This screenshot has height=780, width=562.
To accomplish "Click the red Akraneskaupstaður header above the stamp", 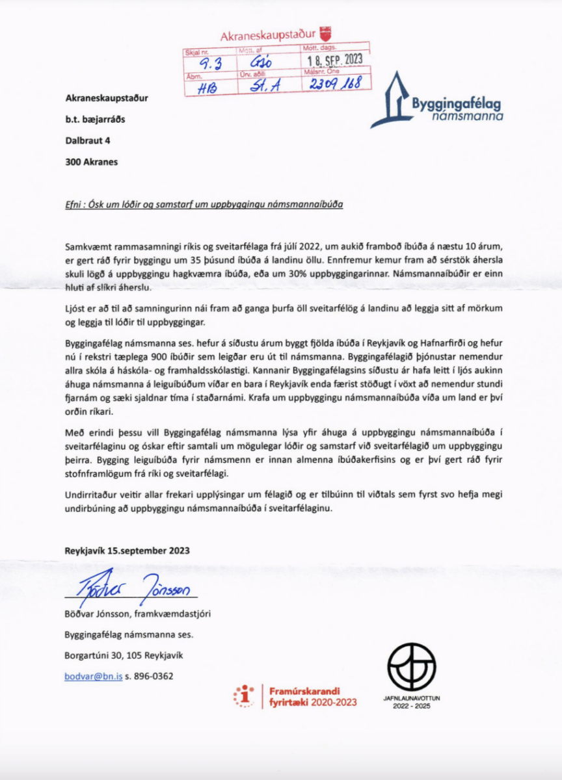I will click(x=267, y=35).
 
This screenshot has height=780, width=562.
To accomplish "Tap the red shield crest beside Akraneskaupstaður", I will click(x=327, y=32).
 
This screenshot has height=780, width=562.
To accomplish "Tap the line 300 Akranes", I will click(x=92, y=161).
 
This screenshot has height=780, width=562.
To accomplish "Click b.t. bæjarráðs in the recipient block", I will click(x=98, y=120).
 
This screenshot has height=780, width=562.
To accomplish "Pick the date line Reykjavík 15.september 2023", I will click(x=127, y=550).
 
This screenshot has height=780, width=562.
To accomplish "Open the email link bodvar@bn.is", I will click(x=94, y=676).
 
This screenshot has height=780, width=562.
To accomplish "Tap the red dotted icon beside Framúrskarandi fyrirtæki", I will click(x=244, y=695).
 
